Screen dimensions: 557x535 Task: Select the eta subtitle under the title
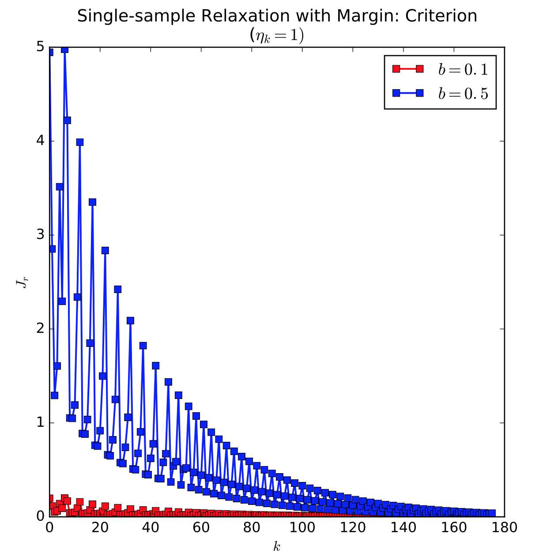pos(277,35)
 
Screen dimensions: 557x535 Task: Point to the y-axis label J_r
pos(21,282)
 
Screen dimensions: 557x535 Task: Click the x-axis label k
pos(277,547)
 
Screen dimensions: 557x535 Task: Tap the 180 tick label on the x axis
pos(504,527)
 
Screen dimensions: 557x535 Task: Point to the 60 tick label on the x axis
pos(201,527)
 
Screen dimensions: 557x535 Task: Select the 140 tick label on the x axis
pos(403,527)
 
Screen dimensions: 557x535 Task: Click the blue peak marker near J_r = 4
pos(80,142)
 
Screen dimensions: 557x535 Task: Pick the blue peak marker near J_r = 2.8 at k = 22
pos(105,250)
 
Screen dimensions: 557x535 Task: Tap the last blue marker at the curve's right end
pos(492,513)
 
